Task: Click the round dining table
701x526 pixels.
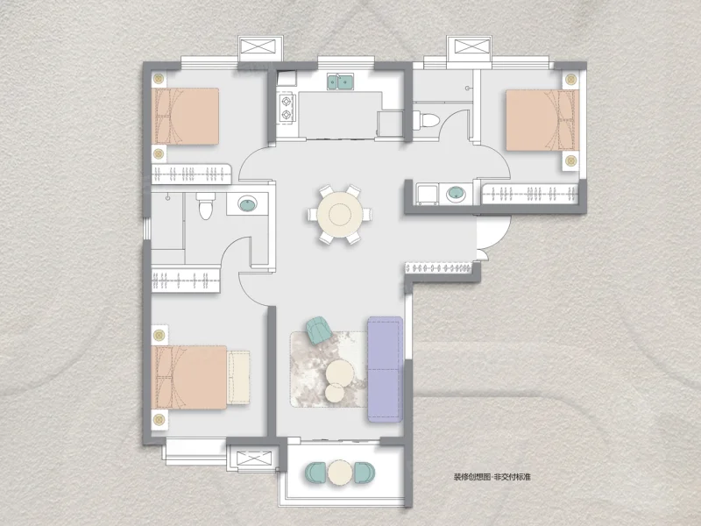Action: (x=340, y=215)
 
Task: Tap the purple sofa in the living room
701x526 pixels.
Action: (x=385, y=369)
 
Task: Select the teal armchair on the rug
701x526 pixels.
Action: (x=318, y=331)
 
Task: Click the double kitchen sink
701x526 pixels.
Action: (x=340, y=82)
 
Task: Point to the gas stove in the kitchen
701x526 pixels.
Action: (x=287, y=108)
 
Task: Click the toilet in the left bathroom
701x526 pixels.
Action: (x=205, y=206)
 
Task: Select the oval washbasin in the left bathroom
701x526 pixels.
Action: (x=247, y=204)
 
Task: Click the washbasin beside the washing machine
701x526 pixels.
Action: (x=456, y=194)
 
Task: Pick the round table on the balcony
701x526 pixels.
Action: (x=340, y=473)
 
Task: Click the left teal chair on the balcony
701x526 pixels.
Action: (x=315, y=473)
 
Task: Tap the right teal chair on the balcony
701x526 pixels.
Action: (x=365, y=473)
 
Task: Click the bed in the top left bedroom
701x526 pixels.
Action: (x=185, y=117)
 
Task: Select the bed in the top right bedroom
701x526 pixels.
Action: (x=542, y=120)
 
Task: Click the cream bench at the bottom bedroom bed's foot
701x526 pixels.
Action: (x=238, y=377)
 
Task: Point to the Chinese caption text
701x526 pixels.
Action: (x=492, y=477)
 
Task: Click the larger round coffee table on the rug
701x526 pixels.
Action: (x=339, y=373)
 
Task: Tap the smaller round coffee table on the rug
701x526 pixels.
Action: (x=335, y=393)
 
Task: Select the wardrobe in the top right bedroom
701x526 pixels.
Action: (x=530, y=194)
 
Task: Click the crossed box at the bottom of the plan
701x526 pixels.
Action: (x=253, y=458)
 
